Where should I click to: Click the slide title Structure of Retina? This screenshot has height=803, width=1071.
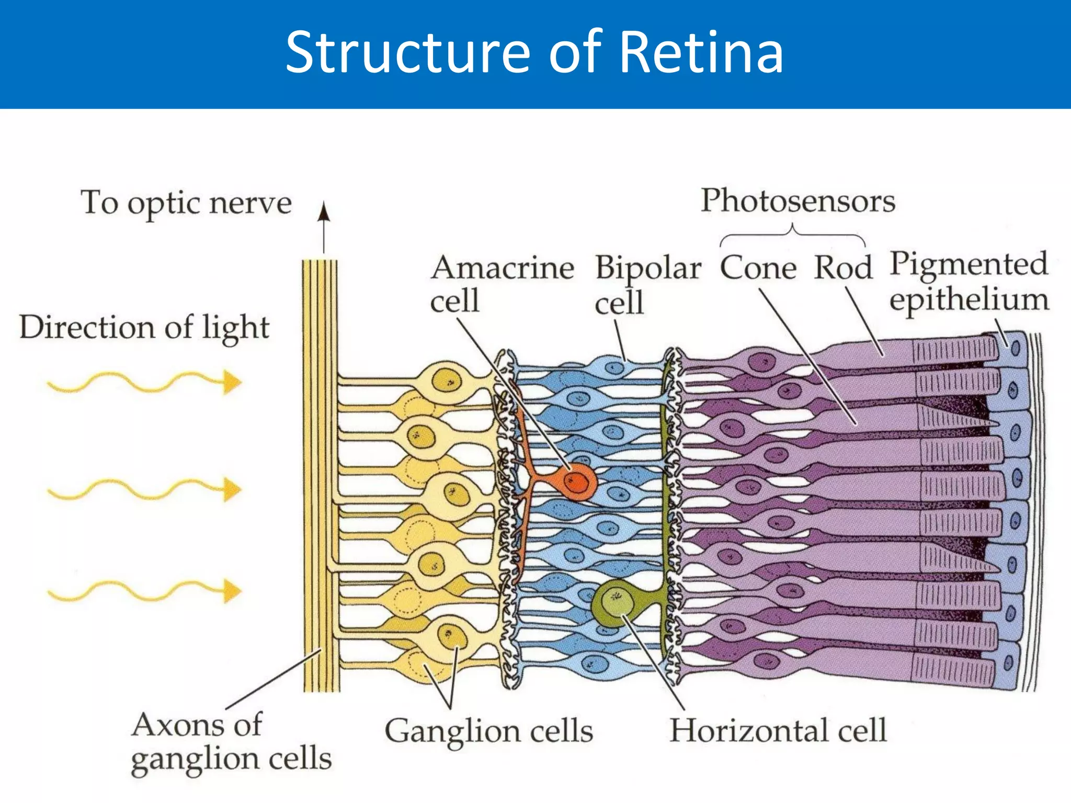534,53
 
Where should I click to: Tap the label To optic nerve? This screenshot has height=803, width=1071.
186,203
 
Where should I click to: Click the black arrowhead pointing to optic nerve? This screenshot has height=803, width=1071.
324,212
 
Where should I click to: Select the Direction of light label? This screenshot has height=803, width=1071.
144,328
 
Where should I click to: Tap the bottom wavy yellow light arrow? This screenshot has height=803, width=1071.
144,591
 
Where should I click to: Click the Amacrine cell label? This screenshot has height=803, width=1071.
502,284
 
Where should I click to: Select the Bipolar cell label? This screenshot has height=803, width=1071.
648,285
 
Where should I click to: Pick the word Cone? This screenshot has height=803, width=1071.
758,268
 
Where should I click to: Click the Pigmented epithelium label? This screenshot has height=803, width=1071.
969,282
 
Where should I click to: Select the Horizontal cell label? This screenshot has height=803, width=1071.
778,730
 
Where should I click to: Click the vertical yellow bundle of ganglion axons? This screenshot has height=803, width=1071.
321,476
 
